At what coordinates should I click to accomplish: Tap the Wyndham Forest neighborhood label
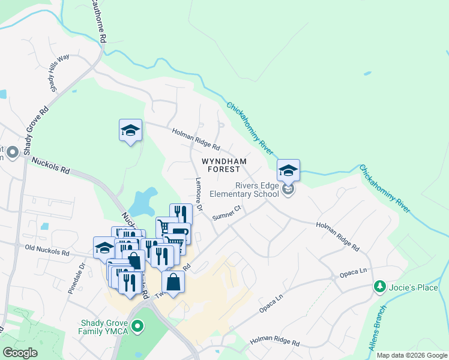[x=224, y=166]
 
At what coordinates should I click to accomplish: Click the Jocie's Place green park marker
[x=379, y=287]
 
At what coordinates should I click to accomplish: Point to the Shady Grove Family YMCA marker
[x=138, y=327]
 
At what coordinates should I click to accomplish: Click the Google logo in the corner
[x=20, y=353]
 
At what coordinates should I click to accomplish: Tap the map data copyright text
[x=411, y=355]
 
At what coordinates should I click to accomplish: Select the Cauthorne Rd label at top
[x=99, y=21]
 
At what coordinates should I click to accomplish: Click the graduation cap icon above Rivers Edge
[x=288, y=170]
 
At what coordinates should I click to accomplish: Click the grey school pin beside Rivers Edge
[x=288, y=190]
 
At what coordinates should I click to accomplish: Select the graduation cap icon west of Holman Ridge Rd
[x=130, y=130]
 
